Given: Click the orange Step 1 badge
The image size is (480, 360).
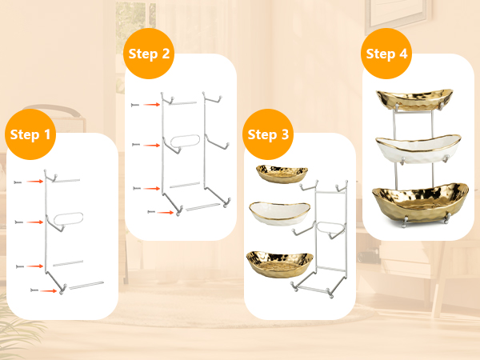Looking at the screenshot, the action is pyautogui.click(x=30, y=134).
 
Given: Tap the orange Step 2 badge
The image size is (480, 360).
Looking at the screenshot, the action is pyautogui.click(x=149, y=54).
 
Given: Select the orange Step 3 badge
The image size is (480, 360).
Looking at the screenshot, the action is pyautogui.click(x=268, y=134).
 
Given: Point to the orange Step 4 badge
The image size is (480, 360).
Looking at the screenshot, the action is pyautogui.click(x=386, y=54).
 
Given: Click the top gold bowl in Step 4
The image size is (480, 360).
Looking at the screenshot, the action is pyautogui.click(x=414, y=99).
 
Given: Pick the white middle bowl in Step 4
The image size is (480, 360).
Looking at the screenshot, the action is pyautogui.click(x=418, y=148).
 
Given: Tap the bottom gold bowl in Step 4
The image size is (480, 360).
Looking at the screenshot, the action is pyautogui.click(x=420, y=202).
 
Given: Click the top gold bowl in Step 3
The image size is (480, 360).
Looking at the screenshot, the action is pyautogui.click(x=282, y=174).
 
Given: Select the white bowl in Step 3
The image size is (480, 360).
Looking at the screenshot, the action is pyautogui.click(x=280, y=213).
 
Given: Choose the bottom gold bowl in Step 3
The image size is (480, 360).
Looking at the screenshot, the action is pyautogui.click(x=280, y=264).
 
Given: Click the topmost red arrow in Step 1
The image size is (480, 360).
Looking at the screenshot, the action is pyautogui.click(x=34, y=182).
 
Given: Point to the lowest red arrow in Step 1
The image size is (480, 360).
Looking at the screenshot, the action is pyautogui.click(x=48, y=291).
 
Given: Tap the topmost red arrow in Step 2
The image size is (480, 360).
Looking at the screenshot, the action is pyautogui.click(x=152, y=105).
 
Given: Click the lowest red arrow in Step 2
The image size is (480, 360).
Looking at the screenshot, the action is pyautogui.click(x=166, y=212).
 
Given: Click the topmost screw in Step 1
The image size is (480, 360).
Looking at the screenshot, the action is pyautogui.click(x=18, y=182).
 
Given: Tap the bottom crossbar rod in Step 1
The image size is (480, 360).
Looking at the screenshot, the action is pyautogui.click(x=86, y=285).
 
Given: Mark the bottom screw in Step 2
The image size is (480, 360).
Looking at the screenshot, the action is pyautogui.click(x=151, y=212).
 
